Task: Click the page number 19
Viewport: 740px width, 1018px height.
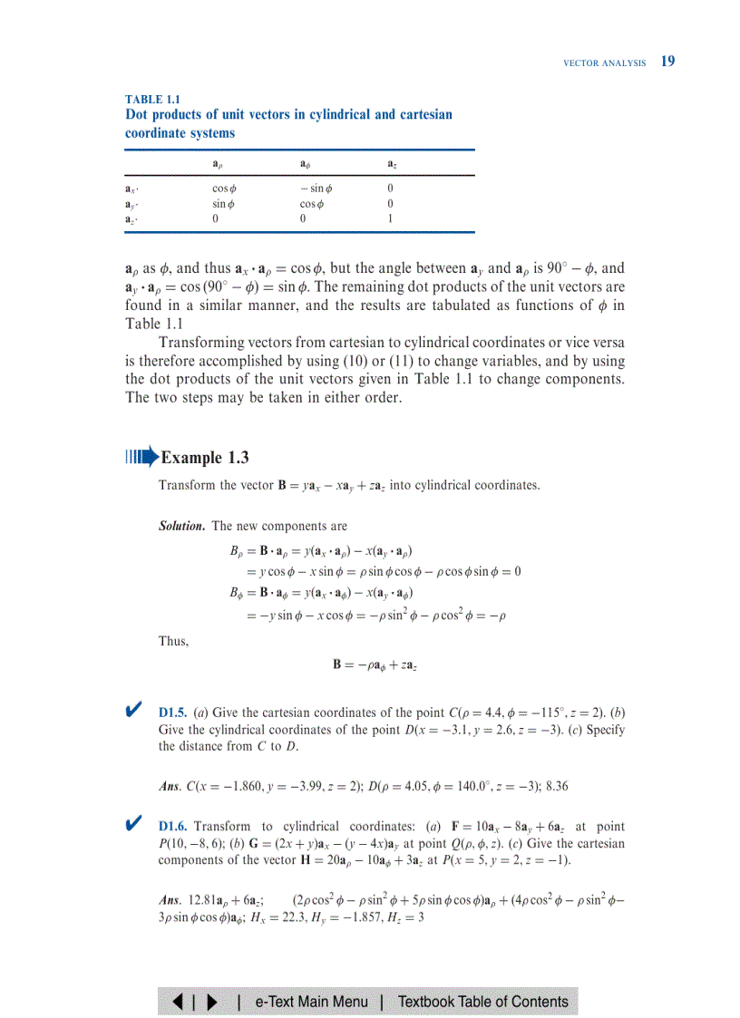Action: click(x=667, y=62)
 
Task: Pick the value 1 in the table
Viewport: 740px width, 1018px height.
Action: click(x=389, y=218)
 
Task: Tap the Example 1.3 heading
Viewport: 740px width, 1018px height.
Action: click(x=204, y=458)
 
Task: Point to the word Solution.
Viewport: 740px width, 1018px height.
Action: click(x=181, y=526)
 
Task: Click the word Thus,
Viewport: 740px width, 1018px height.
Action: click(x=173, y=641)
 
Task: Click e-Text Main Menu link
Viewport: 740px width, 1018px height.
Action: click(x=311, y=1002)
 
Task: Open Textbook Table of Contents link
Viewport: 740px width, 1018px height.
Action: click(x=482, y=1002)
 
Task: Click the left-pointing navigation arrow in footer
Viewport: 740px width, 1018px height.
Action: click(x=180, y=1002)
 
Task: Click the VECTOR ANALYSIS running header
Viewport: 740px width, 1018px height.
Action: click(x=604, y=63)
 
